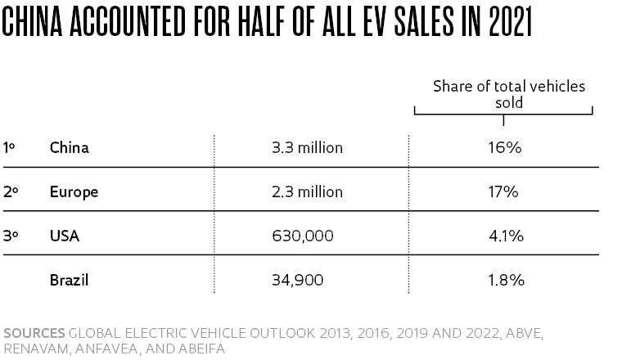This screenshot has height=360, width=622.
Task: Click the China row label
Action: tap(69, 148)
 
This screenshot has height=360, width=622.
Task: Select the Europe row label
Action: tap(74, 192)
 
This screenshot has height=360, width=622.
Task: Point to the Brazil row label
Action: tap(69, 280)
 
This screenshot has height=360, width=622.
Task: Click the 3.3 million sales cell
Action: tap(307, 148)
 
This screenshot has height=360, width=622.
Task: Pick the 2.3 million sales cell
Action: tap(307, 192)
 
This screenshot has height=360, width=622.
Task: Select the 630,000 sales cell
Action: tap(302, 236)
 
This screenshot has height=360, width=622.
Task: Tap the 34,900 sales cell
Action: tap(297, 280)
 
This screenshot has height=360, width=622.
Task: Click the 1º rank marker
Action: tap(9, 148)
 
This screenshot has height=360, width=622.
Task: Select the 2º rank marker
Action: tap(10, 192)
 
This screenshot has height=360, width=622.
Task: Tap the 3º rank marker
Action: tap(10, 236)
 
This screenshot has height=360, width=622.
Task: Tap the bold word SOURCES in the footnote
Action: tap(34, 333)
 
